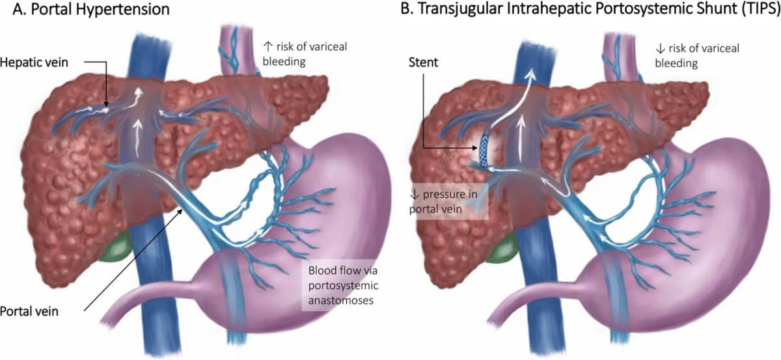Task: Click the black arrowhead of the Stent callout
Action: [x=477, y=149]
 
